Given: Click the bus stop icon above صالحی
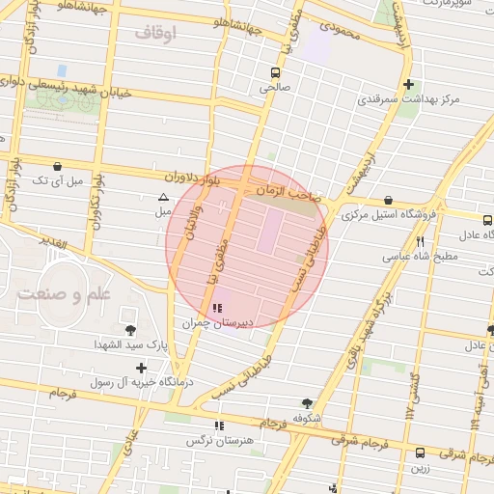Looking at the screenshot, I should (276, 72).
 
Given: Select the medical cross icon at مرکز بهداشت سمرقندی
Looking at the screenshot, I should (409, 85).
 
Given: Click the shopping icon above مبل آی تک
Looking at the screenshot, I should (58, 166).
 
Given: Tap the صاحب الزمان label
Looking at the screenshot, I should (287, 194).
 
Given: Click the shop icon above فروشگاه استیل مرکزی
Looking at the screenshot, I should (388, 200).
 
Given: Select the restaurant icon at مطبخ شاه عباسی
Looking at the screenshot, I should (420, 242).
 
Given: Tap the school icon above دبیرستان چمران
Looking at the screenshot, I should (215, 308).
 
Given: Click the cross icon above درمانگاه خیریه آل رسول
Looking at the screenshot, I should (142, 368).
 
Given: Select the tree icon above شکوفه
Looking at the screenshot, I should (307, 403).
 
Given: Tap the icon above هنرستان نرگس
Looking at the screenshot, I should (220, 425).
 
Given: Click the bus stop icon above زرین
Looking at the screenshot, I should (420, 452).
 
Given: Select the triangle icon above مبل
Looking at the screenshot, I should (162, 198).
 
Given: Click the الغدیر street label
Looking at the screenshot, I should (54, 244).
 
